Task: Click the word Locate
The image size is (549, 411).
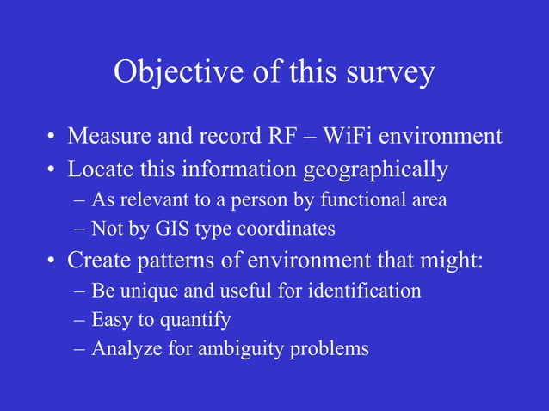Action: coord(99,169)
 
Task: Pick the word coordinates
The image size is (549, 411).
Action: coord(287,230)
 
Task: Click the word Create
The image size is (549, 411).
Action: coord(98,259)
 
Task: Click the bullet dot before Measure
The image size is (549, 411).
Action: coord(52,138)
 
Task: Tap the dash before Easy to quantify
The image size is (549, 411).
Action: coord(79,320)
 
